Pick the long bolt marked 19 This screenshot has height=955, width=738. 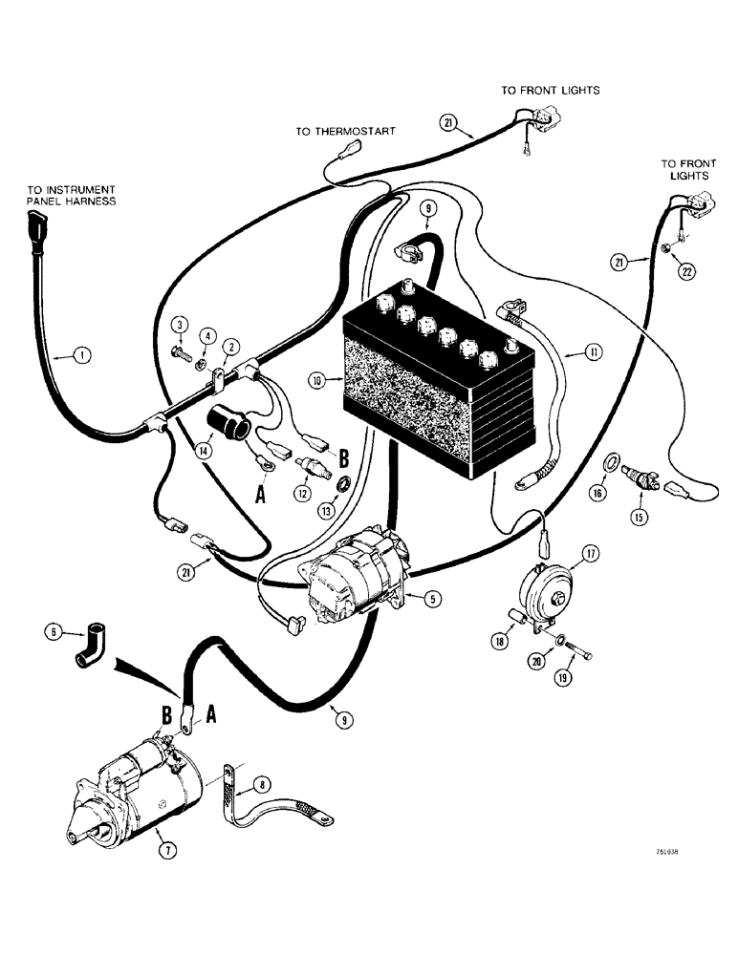[579, 657]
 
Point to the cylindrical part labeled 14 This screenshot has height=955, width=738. [236, 425]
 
